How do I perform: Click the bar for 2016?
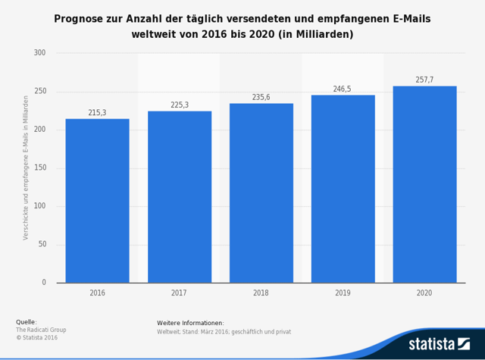[x=97, y=201]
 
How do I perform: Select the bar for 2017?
[x=180, y=197]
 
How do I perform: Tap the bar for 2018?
[x=261, y=193]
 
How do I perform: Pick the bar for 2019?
[x=343, y=189]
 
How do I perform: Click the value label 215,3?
[x=97, y=113]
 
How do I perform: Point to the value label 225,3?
[x=180, y=105]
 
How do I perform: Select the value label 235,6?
[x=261, y=97]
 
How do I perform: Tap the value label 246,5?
[x=343, y=89]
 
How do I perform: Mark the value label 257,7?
[x=424, y=80]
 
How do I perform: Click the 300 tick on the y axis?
[x=39, y=53]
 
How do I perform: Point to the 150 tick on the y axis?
[x=39, y=168]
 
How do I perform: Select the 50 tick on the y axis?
[x=42, y=245]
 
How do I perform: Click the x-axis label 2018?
[x=261, y=293]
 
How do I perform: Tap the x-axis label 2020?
[x=424, y=293]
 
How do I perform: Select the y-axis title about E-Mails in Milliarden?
[x=26, y=167]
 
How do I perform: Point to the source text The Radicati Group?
[x=41, y=330]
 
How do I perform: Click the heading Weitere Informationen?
[x=190, y=323]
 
